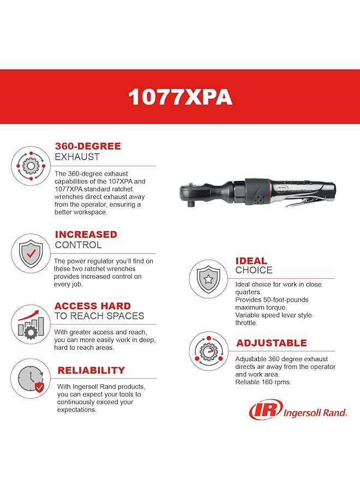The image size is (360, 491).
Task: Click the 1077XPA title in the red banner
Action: coord(180,97)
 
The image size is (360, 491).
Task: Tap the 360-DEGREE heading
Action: coord(88,146)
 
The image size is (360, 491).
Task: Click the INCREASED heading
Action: coord(86,235)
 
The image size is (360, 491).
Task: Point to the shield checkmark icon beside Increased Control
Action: coord(31,253)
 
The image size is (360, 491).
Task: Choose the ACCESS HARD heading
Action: coord(92,306)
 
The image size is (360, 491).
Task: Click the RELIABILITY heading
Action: coord(91,370)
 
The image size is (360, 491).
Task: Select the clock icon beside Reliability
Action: coord(31,378)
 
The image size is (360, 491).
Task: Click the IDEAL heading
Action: coord(251,261)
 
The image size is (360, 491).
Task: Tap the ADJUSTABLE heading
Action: coord(271,343)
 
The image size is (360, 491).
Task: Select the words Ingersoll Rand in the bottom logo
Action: coord(315,413)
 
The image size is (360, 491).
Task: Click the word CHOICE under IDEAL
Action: coord(254,270)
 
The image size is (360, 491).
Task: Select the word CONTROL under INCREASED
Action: coord(78,245)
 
